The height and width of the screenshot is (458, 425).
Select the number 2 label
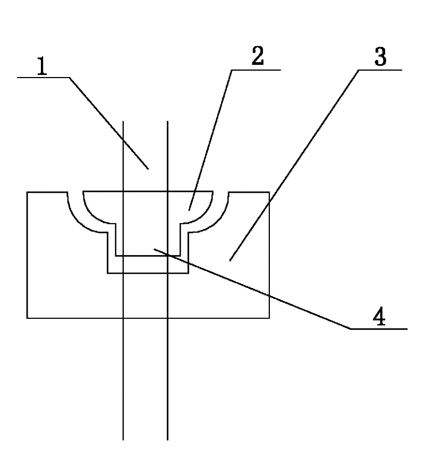click(x=257, y=56)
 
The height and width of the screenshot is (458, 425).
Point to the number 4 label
click(x=378, y=317)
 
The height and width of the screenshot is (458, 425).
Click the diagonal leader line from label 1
click(x=109, y=122)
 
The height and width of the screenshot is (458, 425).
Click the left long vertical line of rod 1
click(x=123, y=372)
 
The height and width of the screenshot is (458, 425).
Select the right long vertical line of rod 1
click(x=167, y=372)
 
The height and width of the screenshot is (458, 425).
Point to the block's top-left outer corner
click(x=27, y=192)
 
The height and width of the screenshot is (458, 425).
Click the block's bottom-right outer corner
click(x=269, y=318)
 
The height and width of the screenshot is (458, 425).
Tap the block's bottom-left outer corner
click(x=27, y=318)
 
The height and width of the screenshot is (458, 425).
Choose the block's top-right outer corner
click(x=269, y=192)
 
